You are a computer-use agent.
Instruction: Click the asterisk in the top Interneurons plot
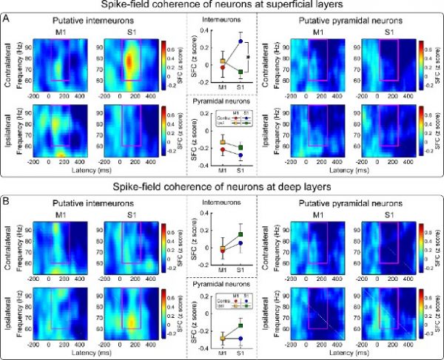[249, 56]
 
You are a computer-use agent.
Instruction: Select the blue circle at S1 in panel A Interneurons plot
[240, 41]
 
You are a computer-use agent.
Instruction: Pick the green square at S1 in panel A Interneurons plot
[240, 71]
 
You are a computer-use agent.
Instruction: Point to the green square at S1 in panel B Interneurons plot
[240, 234]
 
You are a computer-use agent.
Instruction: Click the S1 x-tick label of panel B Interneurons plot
[240, 268]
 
